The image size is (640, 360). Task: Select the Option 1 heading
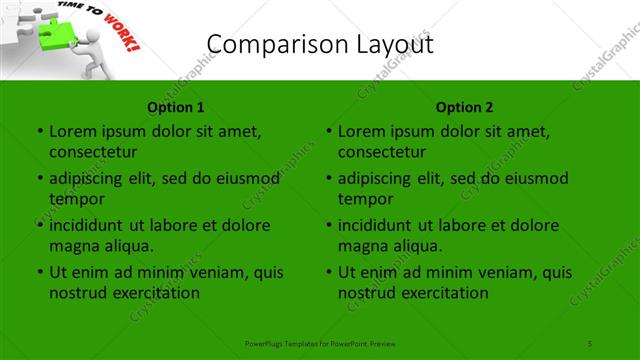coord(176,107)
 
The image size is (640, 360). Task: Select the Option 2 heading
coord(464,107)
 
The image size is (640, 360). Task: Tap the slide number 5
coord(590,343)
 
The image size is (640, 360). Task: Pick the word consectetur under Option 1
coord(93,152)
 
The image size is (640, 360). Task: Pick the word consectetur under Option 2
coord(382,152)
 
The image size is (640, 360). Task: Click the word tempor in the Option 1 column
coord(76,199)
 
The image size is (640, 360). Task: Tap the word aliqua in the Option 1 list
coord(128,246)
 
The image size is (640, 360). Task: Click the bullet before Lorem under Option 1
coord(39,131)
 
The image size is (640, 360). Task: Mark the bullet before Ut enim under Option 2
coord(328,272)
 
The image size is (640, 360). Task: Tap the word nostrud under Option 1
coord(78,293)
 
